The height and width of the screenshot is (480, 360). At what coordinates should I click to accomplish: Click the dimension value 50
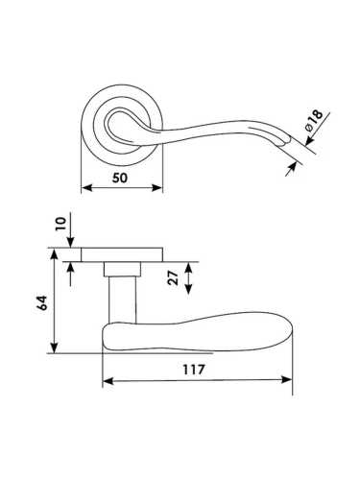(x=120, y=178)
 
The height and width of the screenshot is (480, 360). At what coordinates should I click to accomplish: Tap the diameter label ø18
(x=314, y=120)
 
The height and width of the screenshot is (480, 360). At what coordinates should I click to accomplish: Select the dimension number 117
(x=193, y=370)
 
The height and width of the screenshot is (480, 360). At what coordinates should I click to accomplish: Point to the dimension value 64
(x=42, y=302)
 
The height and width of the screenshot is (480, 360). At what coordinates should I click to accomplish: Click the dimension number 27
(x=173, y=278)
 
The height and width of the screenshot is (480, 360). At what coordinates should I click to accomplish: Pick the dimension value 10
(x=60, y=224)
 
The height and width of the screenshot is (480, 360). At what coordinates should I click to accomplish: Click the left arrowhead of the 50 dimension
(x=86, y=188)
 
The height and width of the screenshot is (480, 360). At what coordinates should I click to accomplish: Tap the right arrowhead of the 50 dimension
(x=157, y=188)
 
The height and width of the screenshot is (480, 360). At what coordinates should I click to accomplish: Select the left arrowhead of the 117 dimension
(x=108, y=380)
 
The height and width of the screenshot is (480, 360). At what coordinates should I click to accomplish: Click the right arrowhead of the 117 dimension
(x=286, y=380)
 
